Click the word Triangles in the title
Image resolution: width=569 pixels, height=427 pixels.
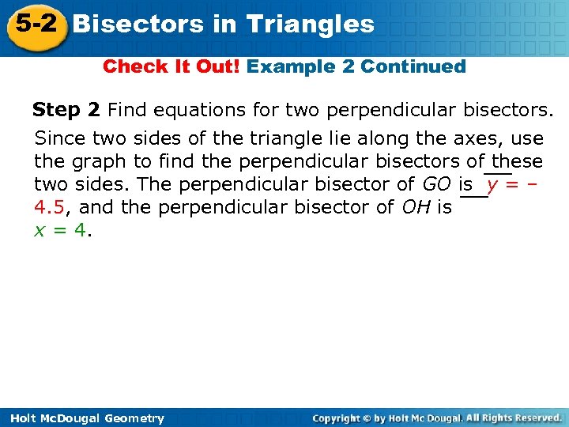click(310, 25)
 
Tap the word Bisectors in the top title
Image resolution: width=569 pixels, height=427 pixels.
click(138, 25)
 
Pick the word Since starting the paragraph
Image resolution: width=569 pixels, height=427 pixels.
click(60, 138)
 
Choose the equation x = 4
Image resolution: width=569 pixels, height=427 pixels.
click(62, 231)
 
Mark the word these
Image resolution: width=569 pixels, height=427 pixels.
click(517, 162)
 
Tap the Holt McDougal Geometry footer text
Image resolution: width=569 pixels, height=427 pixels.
click(84, 418)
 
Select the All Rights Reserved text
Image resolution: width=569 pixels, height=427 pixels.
click(514, 418)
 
